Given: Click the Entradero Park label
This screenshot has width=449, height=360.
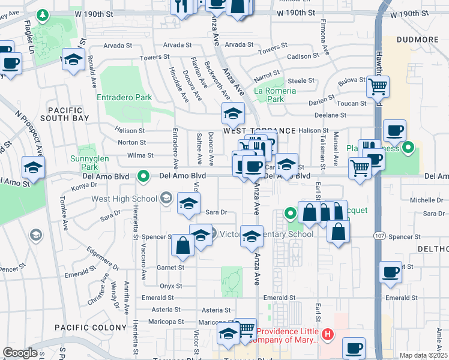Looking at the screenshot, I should pyautogui.click(x=124, y=97).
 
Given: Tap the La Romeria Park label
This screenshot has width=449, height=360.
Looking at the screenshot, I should pyautogui.click(x=275, y=95).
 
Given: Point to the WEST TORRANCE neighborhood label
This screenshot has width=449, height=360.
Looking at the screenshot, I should pyautogui.click(x=259, y=131).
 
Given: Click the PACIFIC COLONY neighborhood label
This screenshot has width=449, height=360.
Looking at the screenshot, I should pyautogui.click(x=91, y=327).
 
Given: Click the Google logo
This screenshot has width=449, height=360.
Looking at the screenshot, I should pyautogui.click(x=20, y=353).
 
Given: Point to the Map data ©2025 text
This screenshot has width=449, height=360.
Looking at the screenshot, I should pyautogui.click(x=423, y=355).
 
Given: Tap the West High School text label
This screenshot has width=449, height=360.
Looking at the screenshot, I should pyautogui.click(x=125, y=199).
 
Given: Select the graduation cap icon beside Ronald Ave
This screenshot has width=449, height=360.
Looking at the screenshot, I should pyautogui.click(x=73, y=59).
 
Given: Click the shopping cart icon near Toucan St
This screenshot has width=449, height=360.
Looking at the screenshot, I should pyautogui.click(x=378, y=86).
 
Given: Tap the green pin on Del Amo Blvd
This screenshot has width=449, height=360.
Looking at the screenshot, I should pyautogui.click(x=143, y=176).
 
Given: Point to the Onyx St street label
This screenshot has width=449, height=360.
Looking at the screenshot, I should pyautogui.click(x=170, y=286).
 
